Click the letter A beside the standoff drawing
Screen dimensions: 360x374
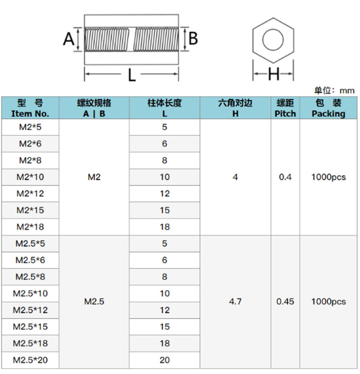point(68,39)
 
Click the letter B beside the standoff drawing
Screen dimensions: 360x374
point(193,38)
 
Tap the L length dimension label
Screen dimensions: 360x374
point(132,75)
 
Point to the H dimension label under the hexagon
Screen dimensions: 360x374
point(273,74)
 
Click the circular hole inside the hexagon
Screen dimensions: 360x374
point(273,40)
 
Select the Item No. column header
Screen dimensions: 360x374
point(30,108)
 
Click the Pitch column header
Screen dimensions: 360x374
point(285,108)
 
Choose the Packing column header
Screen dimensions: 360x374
point(329,108)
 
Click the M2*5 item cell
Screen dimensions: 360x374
point(30,127)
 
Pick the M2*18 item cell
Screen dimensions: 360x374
point(30,227)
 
